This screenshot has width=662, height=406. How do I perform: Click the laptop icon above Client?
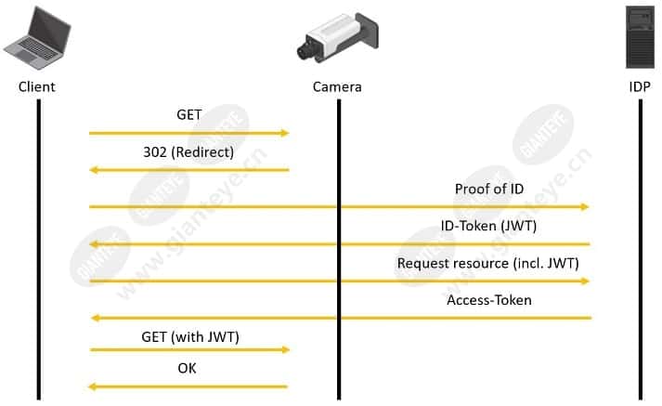point(37,38)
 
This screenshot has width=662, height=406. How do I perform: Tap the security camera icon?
point(338,37)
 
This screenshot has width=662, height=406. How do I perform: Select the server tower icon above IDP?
point(640,37)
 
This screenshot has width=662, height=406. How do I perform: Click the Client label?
point(37,86)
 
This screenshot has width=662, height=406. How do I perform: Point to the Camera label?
point(337,86)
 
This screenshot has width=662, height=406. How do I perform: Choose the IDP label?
point(640,86)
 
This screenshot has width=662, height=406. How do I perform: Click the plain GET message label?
point(189,114)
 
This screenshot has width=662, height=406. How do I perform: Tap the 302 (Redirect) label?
point(188,152)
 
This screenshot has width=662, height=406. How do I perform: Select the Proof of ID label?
point(489,189)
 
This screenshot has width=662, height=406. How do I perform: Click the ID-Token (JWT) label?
point(488,226)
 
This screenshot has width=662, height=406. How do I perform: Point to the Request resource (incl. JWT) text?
point(488,263)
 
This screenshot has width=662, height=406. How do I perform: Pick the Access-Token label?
point(489,300)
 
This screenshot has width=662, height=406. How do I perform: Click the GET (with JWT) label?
point(190,337)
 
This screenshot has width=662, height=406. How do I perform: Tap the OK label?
point(187,368)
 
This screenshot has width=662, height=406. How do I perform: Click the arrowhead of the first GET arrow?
point(285,133)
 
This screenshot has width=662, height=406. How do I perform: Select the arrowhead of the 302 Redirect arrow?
point(94,170)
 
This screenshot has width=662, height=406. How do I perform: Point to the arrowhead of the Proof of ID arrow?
point(585,206)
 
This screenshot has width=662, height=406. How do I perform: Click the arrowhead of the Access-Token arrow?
point(96,318)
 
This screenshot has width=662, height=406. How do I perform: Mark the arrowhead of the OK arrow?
point(93,386)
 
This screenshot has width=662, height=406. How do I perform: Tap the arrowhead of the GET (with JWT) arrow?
point(286,349)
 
